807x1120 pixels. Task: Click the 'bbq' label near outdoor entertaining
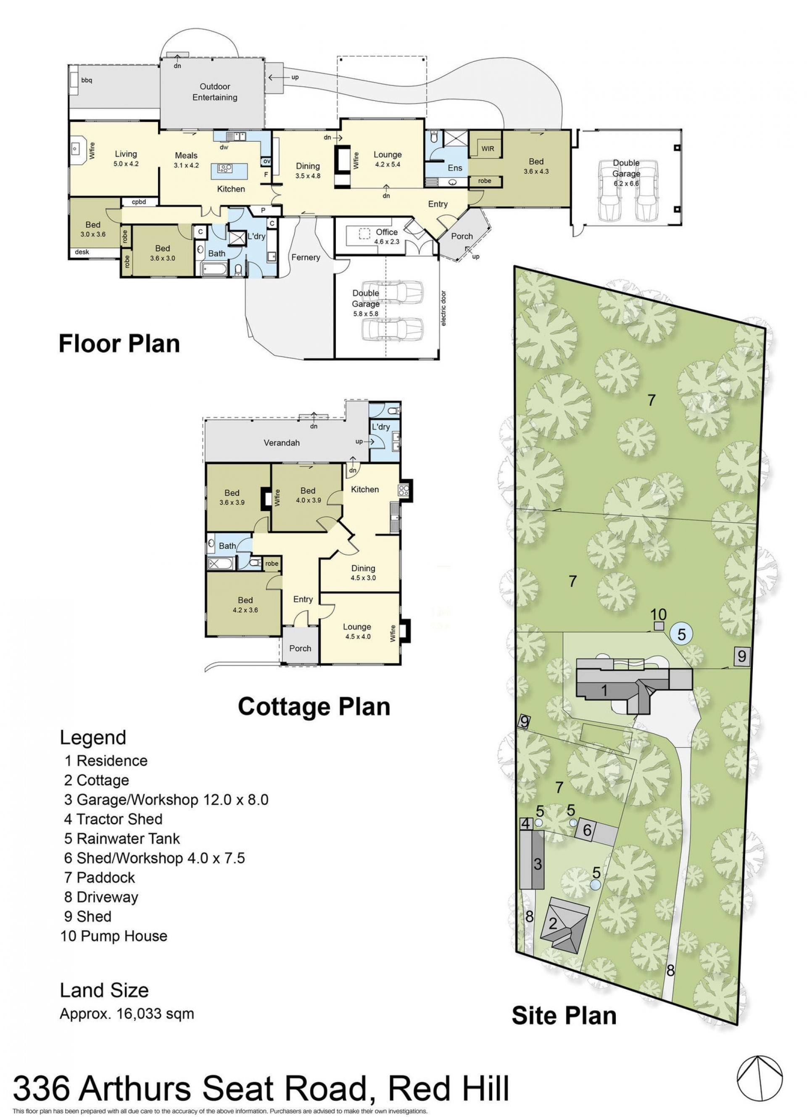tap(87, 80)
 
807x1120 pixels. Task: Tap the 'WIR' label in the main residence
tap(488, 148)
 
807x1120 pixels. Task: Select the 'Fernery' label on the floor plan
tap(306, 257)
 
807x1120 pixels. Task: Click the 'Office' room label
tap(386, 232)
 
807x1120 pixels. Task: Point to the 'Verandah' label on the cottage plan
tap(281, 442)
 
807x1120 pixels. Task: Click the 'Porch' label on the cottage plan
tap(300, 649)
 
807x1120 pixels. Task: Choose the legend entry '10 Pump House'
tap(114, 936)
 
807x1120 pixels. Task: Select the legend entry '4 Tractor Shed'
tap(113, 819)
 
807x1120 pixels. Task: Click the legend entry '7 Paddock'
tap(99, 877)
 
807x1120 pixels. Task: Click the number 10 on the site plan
tap(659, 615)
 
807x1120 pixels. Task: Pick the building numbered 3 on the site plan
tap(532, 860)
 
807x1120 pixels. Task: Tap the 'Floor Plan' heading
tap(119, 344)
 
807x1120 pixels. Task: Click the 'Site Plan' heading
tap(564, 1016)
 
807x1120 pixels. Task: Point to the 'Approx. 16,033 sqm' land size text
tap(127, 1014)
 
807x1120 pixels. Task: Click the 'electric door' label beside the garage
tap(443, 308)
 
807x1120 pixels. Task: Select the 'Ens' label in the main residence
tap(455, 168)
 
